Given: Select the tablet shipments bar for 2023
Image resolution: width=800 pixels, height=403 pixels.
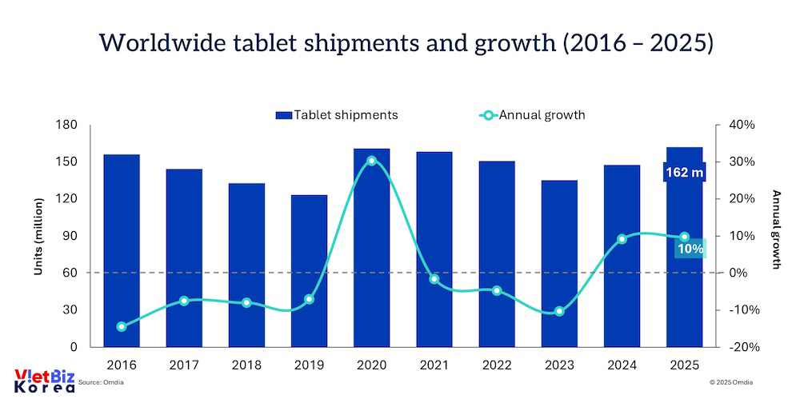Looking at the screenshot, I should tap(559, 263).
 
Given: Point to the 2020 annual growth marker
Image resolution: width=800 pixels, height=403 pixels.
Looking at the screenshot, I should tap(371, 161).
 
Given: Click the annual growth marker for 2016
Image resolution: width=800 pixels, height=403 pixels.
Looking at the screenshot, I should tap(122, 326).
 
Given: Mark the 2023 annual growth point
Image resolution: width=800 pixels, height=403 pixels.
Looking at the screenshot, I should tap(559, 311).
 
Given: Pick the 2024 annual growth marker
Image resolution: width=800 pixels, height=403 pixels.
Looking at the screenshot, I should tap(622, 239).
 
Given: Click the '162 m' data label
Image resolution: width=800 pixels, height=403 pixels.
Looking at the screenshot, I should tap(684, 173).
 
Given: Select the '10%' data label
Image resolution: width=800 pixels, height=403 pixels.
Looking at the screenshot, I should tap(690, 249).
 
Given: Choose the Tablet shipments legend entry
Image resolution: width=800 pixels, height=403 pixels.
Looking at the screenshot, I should tap(336, 115).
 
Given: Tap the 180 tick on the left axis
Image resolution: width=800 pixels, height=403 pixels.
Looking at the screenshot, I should tap(66, 125).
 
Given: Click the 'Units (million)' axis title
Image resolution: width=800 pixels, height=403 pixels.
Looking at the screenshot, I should tap(38, 236).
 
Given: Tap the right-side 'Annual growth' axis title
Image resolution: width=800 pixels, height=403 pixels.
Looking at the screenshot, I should tap(775, 229).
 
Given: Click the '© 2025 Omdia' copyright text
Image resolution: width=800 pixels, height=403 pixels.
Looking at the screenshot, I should tap(736, 383).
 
